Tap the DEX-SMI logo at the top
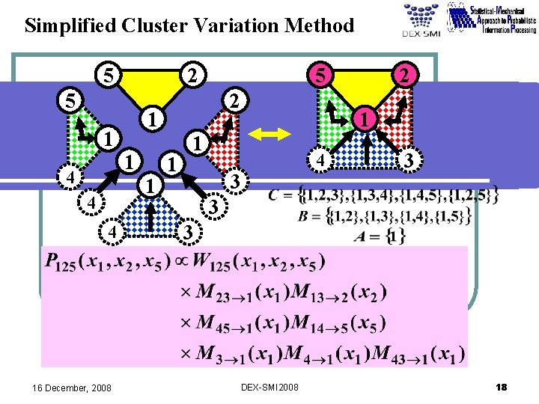click(x=421, y=22)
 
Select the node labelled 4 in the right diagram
click(x=320, y=160)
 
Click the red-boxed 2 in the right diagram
click(x=404, y=76)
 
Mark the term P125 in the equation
click(x=58, y=263)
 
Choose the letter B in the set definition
click(x=305, y=217)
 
